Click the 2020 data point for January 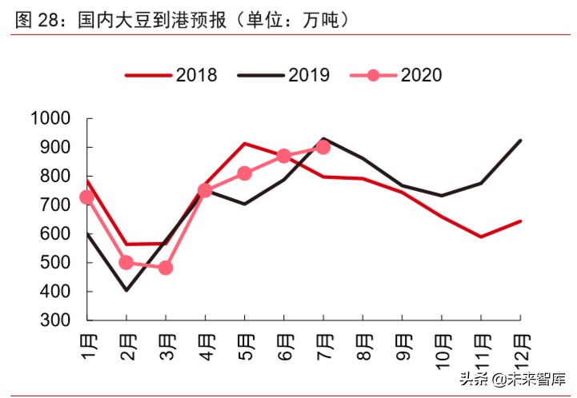[x=87, y=197]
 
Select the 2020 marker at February [x=126, y=262]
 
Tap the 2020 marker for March [x=166, y=268]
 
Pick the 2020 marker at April [x=205, y=190]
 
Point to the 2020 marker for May [x=245, y=173]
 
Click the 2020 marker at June [x=284, y=156]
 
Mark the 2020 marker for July [x=323, y=147]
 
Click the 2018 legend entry [x=171, y=74]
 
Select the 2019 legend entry [x=284, y=74]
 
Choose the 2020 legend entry [x=396, y=74]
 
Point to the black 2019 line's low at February [x=126, y=289]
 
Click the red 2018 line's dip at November [x=481, y=237]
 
